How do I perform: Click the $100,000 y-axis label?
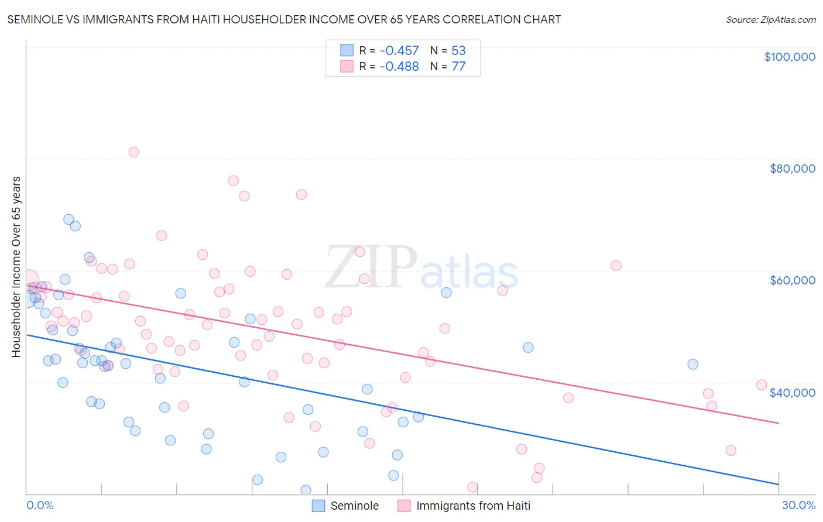click(790, 57)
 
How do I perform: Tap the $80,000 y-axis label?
click(792, 169)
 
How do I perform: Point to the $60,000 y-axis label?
click(792, 280)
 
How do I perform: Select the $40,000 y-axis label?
click(792, 393)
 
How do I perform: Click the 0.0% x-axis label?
click(40, 505)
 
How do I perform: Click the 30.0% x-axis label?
click(798, 505)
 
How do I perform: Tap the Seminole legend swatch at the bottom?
click(318, 506)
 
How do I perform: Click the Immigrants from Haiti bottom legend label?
click(473, 506)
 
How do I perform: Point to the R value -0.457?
click(399, 51)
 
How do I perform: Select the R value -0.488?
click(399, 67)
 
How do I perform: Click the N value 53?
click(458, 51)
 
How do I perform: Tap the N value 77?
click(458, 67)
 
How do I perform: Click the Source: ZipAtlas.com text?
click(770, 20)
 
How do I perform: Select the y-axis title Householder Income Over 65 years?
click(16, 267)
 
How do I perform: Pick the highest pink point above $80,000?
click(133, 152)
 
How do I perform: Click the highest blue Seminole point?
click(68, 220)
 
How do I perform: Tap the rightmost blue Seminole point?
click(692, 364)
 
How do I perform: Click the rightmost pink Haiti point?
click(762, 384)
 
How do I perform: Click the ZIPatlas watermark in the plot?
click(421, 268)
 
